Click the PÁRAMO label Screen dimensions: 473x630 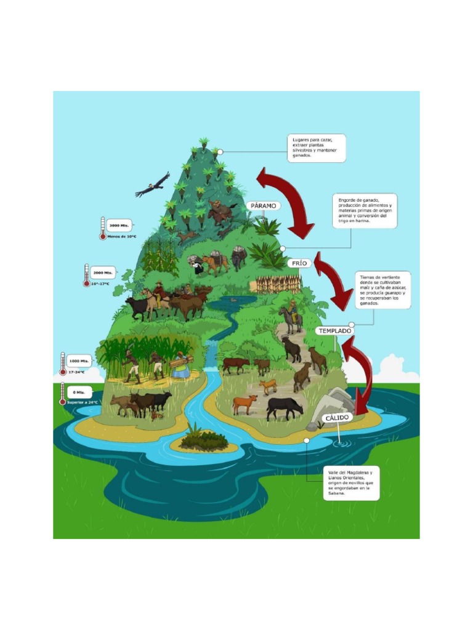(264, 206)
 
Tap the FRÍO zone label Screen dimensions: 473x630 (299, 263)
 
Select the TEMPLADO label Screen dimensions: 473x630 (334, 331)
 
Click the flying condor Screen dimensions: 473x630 (152, 185)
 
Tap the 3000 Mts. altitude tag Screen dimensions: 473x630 (119, 225)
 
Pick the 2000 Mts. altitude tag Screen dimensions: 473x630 (102, 272)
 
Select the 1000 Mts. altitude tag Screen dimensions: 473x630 (77, 361)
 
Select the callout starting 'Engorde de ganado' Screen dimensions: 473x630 (365, 212)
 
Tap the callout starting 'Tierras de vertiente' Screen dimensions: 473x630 (382, 290)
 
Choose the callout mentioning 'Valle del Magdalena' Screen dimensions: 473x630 (351, 483)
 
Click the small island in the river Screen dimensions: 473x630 (204, 439)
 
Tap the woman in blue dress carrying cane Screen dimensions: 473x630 (180, 366)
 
